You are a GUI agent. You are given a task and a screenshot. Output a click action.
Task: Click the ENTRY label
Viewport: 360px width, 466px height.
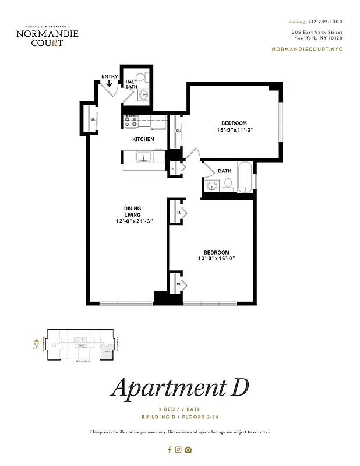(x=110, y=76)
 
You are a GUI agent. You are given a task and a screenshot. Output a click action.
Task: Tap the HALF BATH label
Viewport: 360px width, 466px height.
(x=131, y=84)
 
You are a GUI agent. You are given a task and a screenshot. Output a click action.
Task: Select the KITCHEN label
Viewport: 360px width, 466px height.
(x=143, y=139)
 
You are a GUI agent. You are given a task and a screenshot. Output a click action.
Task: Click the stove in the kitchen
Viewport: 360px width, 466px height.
(x=130, y=121)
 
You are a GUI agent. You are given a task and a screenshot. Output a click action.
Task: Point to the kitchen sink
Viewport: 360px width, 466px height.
(x=143, y=157)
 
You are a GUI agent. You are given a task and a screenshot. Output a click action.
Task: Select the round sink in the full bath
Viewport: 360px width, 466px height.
(x=213, y=186)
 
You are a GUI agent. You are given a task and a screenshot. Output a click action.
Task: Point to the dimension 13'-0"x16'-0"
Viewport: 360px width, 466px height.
(x=217, y=259)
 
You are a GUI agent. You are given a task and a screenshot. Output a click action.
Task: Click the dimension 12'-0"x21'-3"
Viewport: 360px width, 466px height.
(x=133, y=221)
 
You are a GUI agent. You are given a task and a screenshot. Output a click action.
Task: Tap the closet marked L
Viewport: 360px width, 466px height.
(x=173, y=168)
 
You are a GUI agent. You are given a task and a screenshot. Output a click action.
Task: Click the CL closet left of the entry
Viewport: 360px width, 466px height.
(x=93, y=119)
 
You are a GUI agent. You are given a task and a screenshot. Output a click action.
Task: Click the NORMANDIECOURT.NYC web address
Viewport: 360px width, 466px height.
(x=307, y=49)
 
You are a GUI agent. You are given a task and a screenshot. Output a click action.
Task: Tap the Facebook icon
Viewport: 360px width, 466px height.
(x=170, y=449)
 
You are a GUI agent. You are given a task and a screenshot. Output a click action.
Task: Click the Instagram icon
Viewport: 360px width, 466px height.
(x=179, y=449)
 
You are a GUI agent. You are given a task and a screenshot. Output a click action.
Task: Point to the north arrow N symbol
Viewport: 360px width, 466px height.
(x=37, y=345)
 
